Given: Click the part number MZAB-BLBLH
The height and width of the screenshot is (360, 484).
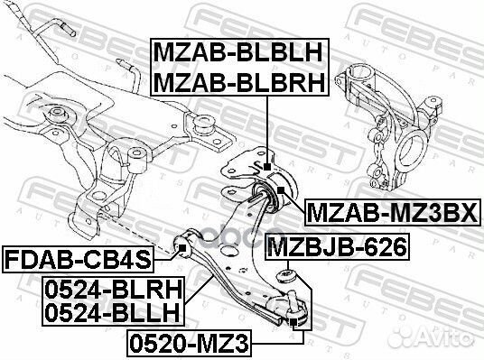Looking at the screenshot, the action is (x=238, y=52).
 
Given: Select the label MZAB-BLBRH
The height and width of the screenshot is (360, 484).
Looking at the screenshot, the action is (x=239, y=82).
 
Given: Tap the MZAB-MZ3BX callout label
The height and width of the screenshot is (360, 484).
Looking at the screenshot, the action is (x=393, y=213).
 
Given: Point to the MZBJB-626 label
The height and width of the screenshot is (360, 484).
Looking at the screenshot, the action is (x=337, y=247).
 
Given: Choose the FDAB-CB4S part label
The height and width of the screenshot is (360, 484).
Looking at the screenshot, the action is (x=78, y=260).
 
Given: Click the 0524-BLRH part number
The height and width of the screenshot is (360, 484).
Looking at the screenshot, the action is (x=113, y=290).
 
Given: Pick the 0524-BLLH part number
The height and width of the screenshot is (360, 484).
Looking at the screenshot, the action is (x=112, y=312).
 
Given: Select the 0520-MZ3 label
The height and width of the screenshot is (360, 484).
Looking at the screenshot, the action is (x=189, y=344).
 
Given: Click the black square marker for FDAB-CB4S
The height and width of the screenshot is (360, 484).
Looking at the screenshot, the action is (x=182, y=247).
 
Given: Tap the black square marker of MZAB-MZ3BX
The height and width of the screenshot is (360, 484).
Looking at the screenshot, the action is (x=281, y=189).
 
